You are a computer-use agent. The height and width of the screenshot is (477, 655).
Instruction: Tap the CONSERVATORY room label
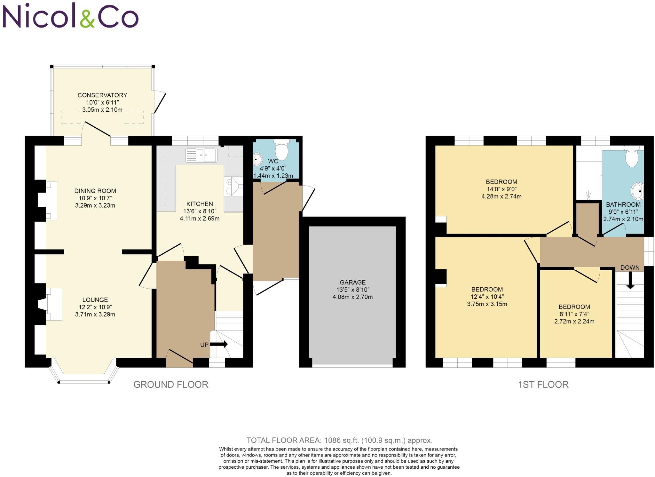click(x=102, y=95)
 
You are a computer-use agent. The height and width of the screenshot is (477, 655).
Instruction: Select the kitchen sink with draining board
click(x=201, y=155)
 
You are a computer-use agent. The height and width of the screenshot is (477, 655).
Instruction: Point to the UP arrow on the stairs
click(x=219, y=344)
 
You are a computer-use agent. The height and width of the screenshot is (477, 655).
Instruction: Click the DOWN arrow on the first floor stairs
click(x=630, y=281)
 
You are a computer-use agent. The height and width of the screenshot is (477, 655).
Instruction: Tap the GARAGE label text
click(x=352, y=282)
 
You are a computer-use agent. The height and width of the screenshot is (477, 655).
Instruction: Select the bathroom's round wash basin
click(x=637, y=191)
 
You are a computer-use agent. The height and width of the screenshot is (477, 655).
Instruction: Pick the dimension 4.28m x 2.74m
click(x=501, y=196)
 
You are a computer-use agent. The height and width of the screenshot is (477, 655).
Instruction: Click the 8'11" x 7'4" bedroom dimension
click(x=574, y=314)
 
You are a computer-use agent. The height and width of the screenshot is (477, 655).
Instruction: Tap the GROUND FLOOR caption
click(x=171, y=385)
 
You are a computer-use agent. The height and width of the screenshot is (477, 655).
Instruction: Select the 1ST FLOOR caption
click(x=543, y=385)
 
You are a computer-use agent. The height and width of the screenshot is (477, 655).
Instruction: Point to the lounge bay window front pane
click(x=84, y=381)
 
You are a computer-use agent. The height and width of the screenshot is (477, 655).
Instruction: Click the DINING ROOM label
click(x=95, y=191)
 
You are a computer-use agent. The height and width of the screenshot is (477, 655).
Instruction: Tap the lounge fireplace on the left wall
click(x=51, y=304)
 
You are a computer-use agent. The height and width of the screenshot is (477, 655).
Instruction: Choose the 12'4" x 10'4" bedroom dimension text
click(x=487, y=297)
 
